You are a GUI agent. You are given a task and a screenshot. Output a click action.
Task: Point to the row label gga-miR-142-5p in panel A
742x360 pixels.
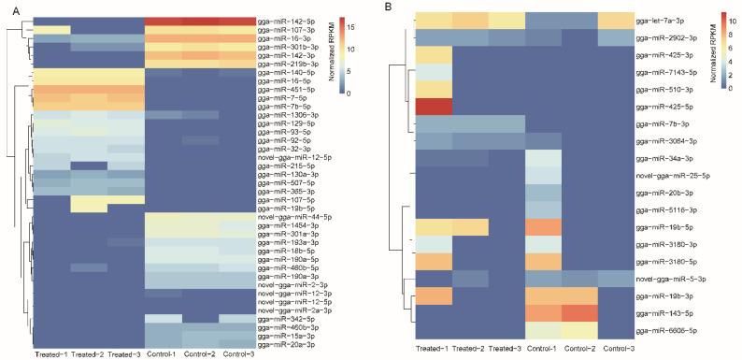(x=281, y=20)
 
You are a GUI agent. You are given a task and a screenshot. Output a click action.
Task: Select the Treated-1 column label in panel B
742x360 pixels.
(x=435, y=349)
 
